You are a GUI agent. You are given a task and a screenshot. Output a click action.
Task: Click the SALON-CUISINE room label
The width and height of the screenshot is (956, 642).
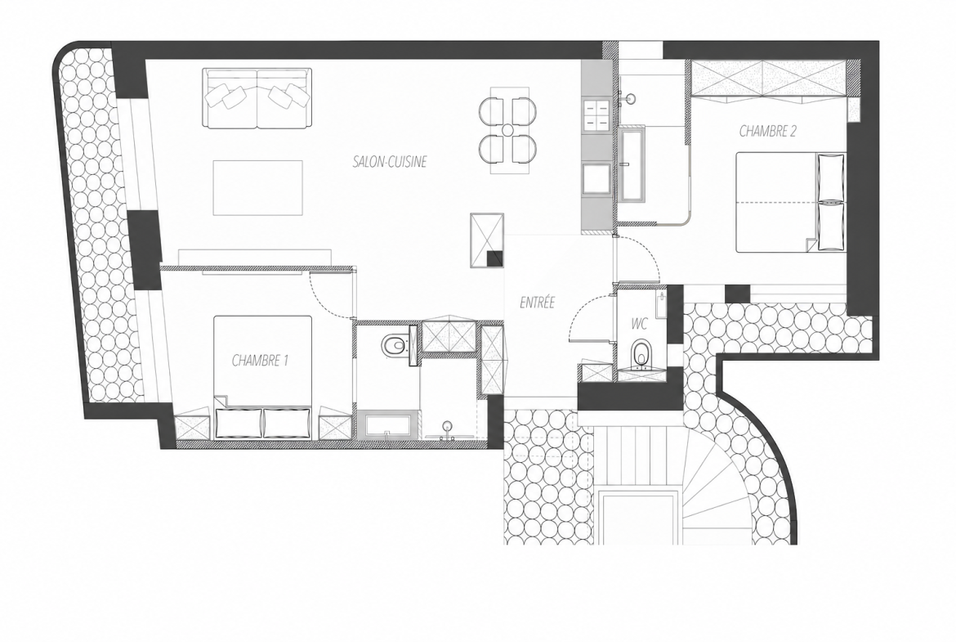390,162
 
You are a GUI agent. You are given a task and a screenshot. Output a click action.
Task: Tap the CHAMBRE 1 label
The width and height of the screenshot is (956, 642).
260,361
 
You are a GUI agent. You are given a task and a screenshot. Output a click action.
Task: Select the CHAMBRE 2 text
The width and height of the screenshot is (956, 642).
767,131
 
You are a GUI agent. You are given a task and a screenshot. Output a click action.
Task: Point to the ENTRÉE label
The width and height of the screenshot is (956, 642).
537,302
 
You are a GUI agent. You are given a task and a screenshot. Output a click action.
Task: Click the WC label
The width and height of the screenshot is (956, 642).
640,324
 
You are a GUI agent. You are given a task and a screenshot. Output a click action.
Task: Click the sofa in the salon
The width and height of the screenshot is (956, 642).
257,98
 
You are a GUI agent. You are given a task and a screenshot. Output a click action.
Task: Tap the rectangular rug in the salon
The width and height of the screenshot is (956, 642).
258,187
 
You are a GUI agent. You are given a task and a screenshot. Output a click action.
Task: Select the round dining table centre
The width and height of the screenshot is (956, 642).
508,129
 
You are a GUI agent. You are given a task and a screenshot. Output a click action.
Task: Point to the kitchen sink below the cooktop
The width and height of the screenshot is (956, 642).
596,179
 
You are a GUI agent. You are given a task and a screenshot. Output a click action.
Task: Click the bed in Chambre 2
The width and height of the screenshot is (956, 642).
791,202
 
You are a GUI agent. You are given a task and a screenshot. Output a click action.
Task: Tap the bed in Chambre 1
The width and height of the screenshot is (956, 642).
263,377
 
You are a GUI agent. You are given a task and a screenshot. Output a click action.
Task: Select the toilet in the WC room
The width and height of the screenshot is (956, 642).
640,354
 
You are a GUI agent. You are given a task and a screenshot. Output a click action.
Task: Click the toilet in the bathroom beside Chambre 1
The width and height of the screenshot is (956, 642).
395,345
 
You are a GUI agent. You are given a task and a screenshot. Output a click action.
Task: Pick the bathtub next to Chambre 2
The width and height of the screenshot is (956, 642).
633,164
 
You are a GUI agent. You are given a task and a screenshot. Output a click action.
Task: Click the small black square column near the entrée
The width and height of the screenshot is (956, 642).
495,259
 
